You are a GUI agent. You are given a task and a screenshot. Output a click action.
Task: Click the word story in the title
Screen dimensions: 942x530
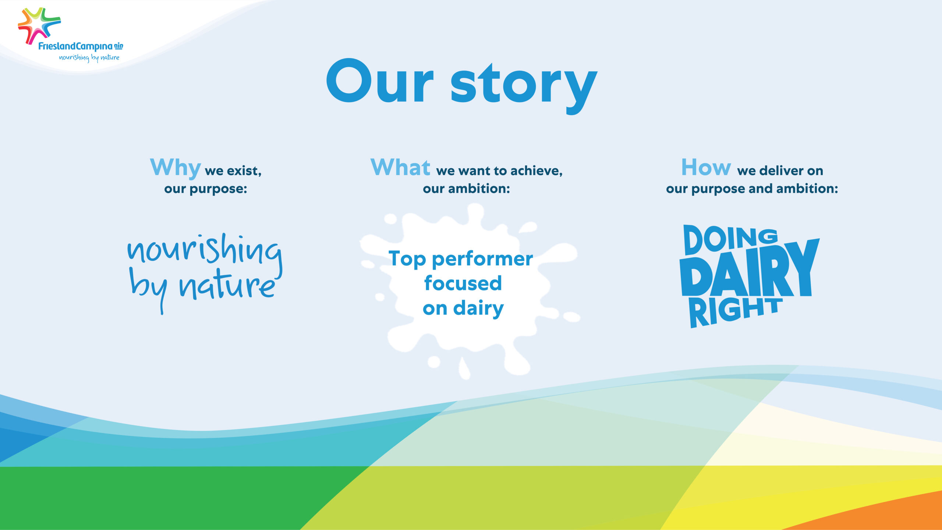pyautogui.click(x=524, y=88)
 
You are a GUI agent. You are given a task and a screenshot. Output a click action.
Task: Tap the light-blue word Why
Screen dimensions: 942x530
pyautogui.click(x=176, y=168)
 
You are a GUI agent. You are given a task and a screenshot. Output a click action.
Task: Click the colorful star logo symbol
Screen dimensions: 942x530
pyautogui.click(x=39, y=25)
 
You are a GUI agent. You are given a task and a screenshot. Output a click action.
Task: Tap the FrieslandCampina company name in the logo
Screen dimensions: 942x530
pyautogui.click(x=75, y=47)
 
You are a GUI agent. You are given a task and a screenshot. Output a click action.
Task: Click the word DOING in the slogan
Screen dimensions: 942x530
pyautogui.click(x=730, y=240)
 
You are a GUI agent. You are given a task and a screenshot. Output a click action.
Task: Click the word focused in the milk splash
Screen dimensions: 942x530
pyautogui.click(x=463, y=283)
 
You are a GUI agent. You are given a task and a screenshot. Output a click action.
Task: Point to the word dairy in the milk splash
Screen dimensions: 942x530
pyautogui.click(x=478, y=308)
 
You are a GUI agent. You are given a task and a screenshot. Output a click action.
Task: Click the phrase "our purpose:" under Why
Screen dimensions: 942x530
pyautogui.click(x=206, y=189)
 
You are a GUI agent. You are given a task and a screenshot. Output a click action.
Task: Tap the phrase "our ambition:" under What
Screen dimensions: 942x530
pyautogui.click(x=467, y=189)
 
